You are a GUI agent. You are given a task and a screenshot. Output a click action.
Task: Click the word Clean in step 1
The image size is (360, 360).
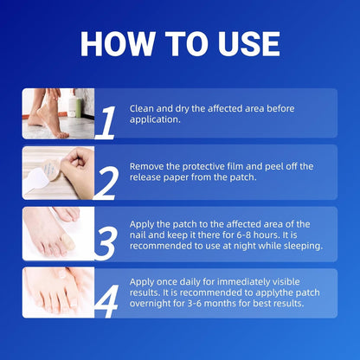[142, 108]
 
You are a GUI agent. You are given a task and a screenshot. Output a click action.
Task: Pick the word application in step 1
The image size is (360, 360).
[155, 119]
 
